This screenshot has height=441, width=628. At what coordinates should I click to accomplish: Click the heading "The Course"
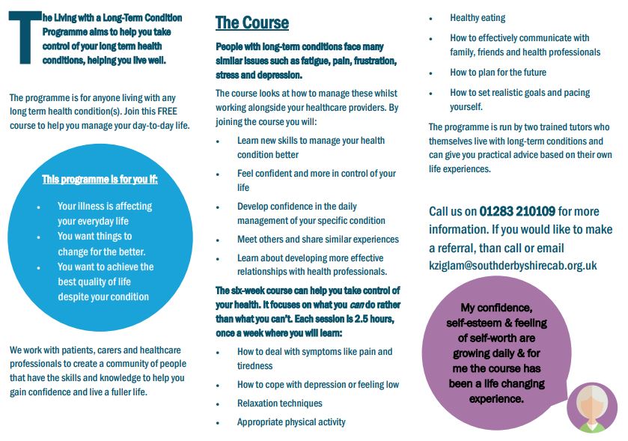tap(251, 22)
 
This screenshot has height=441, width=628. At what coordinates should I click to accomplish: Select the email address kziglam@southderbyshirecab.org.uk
tap(513, 265)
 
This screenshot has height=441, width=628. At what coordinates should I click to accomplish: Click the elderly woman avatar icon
tap(591, 408)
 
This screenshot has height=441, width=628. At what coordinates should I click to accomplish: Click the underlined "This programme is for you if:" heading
tap(100, 179)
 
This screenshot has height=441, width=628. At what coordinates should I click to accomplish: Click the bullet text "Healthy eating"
tap(478, 18)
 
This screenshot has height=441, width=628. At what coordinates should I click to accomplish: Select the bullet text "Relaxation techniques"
tap(279, 404)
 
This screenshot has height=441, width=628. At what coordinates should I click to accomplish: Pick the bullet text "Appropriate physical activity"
tap(291, 422)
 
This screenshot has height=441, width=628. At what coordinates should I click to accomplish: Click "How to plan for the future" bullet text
tap(498, 73)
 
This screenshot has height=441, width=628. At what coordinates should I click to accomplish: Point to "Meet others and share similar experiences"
tap(317, 240)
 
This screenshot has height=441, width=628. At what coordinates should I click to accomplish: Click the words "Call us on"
tap(452, 212)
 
